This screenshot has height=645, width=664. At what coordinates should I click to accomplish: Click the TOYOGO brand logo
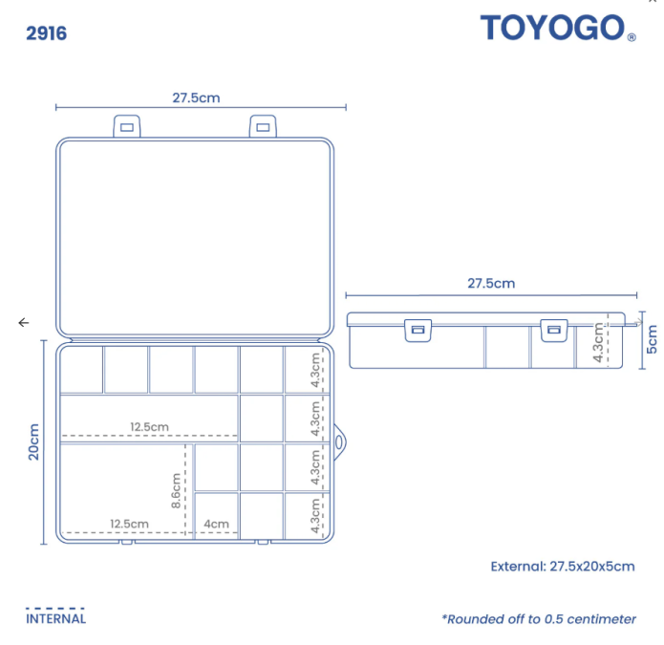tap(558, 28)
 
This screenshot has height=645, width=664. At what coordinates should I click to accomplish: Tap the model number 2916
tap(47, 33)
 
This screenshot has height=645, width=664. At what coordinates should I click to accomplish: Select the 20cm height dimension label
tap(33, 441)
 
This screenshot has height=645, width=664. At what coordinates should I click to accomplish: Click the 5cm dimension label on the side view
tap(652, 339)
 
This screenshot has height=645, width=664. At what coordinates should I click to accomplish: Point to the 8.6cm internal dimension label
tap(176, 490)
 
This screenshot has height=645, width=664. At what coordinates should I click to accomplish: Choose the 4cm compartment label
tap(216, 524)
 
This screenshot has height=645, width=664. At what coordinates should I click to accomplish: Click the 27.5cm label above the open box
tap(196, 97)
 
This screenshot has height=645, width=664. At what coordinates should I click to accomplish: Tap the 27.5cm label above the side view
tap(491, 284)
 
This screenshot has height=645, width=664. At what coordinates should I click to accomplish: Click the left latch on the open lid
tap(127, 126)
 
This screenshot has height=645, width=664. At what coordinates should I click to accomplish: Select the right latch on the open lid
tap(263, 126)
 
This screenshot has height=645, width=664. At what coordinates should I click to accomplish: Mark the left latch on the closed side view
tap(418, 331)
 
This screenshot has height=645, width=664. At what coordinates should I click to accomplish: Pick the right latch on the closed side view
tap(554, 331)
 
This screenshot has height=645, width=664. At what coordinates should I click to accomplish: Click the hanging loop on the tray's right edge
tap(339, 442)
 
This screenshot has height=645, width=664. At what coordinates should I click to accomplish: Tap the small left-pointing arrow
tap(24, 323)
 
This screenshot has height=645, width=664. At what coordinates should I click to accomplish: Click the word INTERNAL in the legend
tap(56, 619)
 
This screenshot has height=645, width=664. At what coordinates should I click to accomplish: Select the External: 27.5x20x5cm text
tap(563, 567)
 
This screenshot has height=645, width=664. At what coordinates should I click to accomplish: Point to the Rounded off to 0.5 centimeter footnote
tap(539, 619)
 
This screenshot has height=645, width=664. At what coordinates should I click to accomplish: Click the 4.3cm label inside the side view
tap(598, 342)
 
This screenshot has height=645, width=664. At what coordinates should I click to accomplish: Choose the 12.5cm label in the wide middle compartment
tap(149, 426)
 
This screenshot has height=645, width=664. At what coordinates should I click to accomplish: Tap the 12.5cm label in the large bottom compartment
tap(130, 524)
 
